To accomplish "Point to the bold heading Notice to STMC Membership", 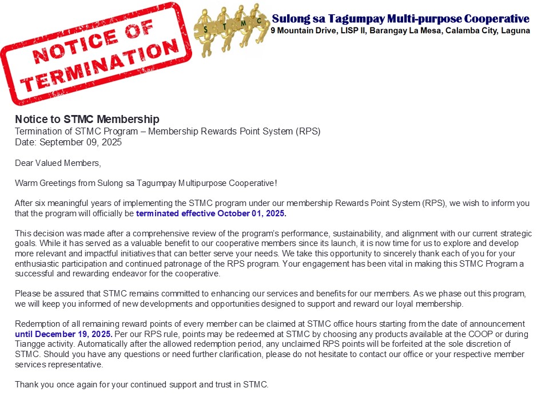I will (x=87, y=119).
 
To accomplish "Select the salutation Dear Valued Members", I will (x=58, y=163).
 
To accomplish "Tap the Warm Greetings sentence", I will (x=146, y=183).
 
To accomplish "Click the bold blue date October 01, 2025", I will (x=252, y=213).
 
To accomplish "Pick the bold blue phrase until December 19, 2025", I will (x=63, y=334).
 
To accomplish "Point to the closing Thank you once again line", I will (x=141, y=384).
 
